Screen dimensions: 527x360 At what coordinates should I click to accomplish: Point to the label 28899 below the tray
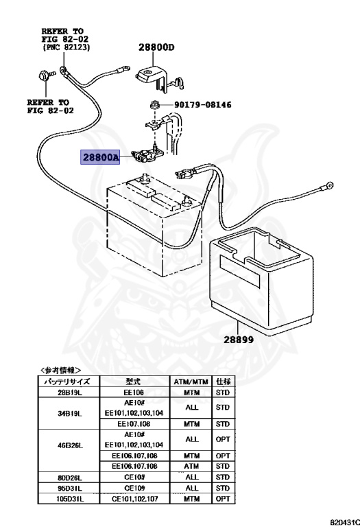(239, 339)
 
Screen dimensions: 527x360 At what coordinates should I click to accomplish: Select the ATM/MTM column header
(191, 382)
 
